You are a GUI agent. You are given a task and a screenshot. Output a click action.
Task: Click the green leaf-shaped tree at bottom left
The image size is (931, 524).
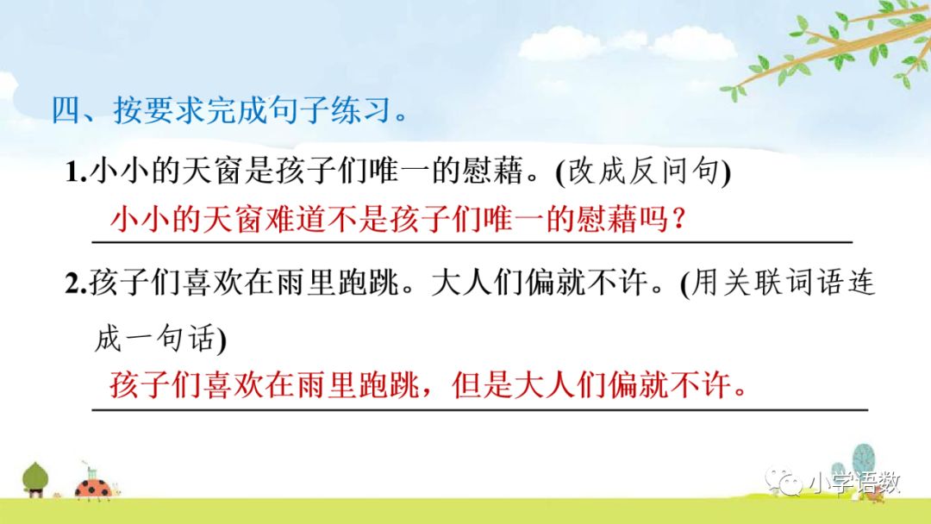(34, 477)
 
